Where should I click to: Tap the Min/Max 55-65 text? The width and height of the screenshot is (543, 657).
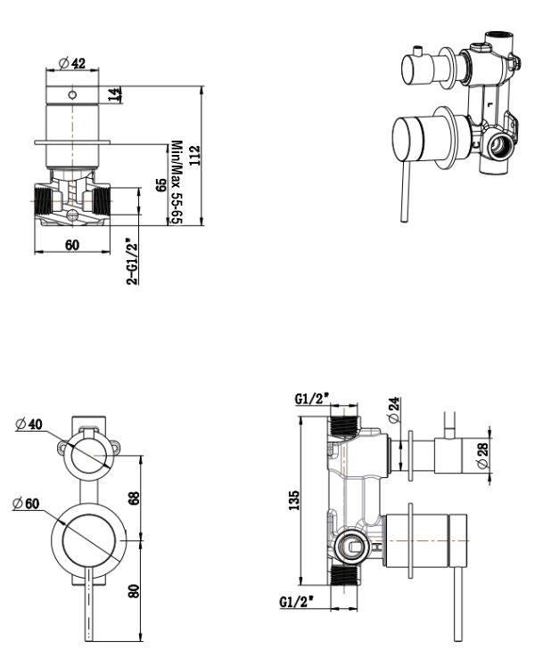click(x=177, y=182)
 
